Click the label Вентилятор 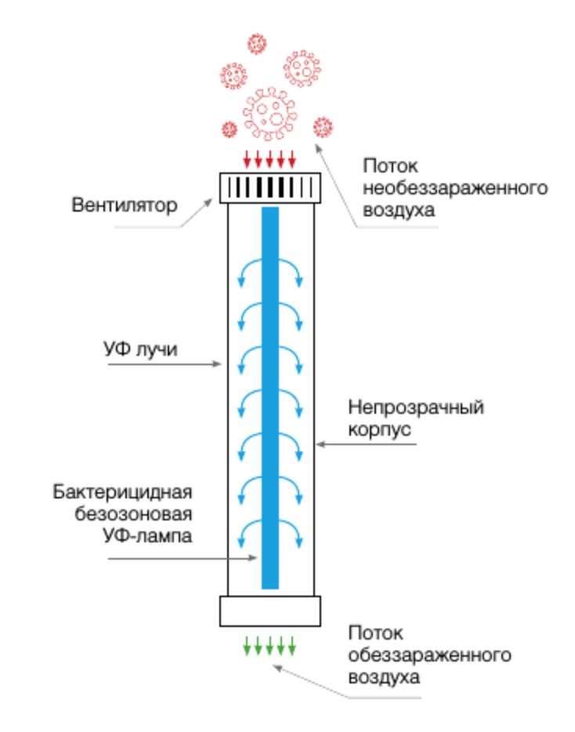click(x=125, y=206)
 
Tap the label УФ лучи click(x=140, y=350)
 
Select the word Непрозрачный click(x=417, y=408)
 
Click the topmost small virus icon click(x=256, y=43)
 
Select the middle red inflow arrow click(x=269, y=159)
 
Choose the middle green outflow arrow click(x=269, y=646)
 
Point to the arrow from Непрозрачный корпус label click(x=368, y=445)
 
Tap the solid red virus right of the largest click(x=322, y=126)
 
